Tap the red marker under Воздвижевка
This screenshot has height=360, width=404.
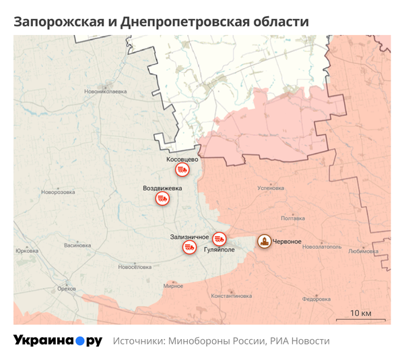tap(162, 198)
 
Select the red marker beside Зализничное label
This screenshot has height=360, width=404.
tap(189, 248)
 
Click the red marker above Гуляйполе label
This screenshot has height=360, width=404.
tap(219, 238)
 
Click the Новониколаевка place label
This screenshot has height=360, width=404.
tap(106, 90)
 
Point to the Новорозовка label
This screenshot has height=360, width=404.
tap(57, 192)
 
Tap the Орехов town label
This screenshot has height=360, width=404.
tap(67, 289)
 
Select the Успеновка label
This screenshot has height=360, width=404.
tap(271, 188)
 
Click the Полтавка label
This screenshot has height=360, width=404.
tap(293, 218)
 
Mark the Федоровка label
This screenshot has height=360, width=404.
tap(315, 299)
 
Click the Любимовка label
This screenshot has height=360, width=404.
tap(364, 251)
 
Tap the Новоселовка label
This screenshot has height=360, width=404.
tap(135, 267)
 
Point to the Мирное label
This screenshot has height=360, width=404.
tap(173, 286)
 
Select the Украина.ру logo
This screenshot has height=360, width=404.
tap(58, 341)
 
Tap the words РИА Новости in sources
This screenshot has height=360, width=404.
tap(300, 341)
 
